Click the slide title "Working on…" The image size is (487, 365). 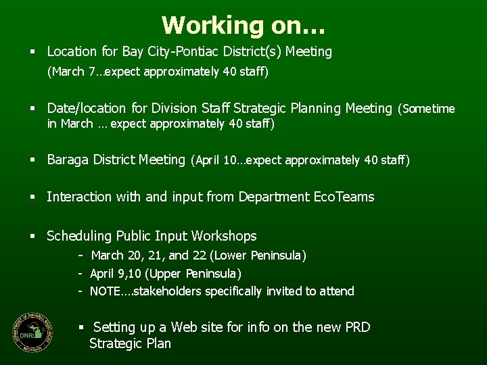tap(243, 25)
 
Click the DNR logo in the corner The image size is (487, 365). tap(33, 331)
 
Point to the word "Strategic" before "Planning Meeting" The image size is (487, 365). tap(260, 108)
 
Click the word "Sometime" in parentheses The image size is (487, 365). tap(429, 109)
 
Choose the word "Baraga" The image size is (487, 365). tap(68, 160)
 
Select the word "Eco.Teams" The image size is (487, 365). tap(344, 197)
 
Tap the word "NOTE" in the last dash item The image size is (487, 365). tap(105, 291)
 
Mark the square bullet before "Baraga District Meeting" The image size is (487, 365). tap(32, 161)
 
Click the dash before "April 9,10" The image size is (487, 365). tap(80, 274)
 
